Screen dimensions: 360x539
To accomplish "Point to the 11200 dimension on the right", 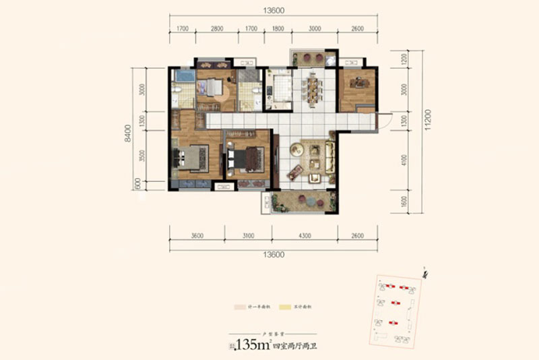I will tap(426, 129).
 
